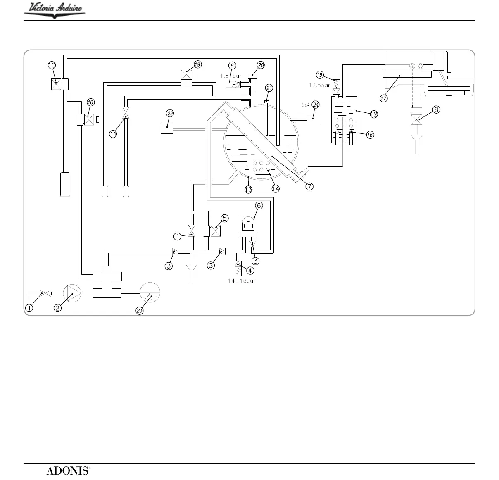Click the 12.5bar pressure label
tap(319, 86)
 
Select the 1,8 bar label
tap(230, 76)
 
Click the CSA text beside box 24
tap(305, 105)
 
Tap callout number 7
tap(309, 186)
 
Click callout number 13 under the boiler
tap(248, 190)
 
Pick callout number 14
tap(276, 189)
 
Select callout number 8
tap(436, 109)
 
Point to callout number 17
tap(384, 98)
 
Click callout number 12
tap(373, 114)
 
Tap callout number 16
tap(370, 135)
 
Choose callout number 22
tap(170, 113)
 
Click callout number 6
tap(259, 205)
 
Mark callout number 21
tap(269, 88)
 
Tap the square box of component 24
tap(313, 119)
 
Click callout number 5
tap(224, 218)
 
